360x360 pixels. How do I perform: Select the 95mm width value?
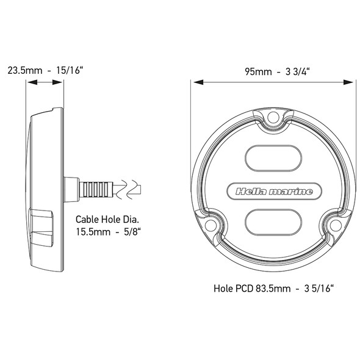tap(258, 71)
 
